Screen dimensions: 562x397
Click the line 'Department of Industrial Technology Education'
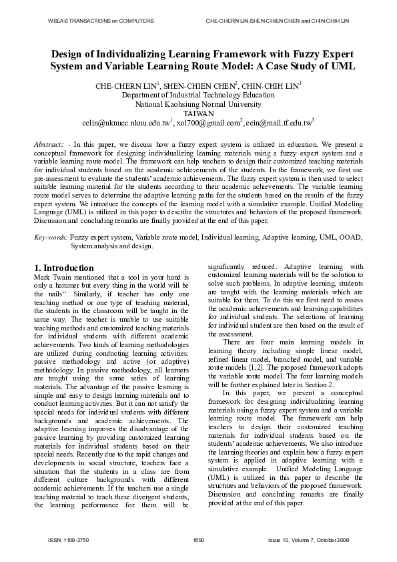tap(198, 95)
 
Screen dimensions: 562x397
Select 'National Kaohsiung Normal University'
tap(198, 105)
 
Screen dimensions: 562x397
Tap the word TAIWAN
tap(198, 114)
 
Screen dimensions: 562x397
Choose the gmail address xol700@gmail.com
tap(207, 123)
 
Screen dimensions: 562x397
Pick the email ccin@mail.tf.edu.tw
tap(278, 123)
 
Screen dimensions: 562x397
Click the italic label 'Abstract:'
tap(49, 144)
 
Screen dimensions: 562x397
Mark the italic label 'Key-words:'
tap(51, 238)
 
